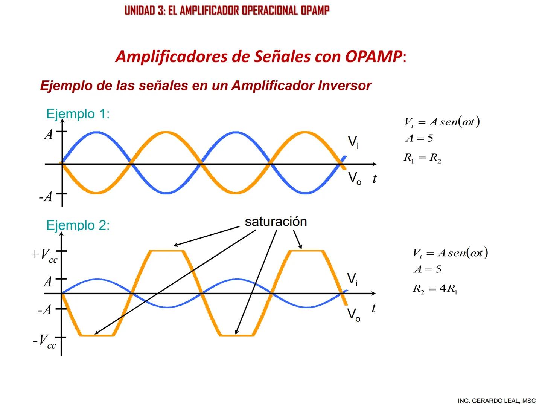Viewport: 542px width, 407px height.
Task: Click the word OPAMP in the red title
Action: pos(373,57)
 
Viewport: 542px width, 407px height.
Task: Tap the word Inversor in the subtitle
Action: pos(344,86)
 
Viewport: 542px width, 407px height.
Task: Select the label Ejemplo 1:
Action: pos(78,113)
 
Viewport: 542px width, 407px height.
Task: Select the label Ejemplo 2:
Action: pos(78,225)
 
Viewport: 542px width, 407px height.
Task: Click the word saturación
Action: pos(276,221)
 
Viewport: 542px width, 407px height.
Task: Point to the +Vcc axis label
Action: pos(44,255)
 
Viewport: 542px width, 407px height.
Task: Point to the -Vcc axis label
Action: pos(44,341)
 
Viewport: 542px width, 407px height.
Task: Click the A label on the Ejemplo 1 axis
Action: pos(49,134)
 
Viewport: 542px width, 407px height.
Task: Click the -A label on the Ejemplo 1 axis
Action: pos(46,196)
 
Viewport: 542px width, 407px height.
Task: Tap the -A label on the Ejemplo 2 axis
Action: pos(45,310)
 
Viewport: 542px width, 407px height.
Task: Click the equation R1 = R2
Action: pos(422,158)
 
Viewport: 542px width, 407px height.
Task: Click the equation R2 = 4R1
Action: pos(435,289)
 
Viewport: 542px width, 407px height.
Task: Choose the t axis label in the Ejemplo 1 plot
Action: pos(374,179)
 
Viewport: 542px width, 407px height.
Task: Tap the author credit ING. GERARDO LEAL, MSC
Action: pos(496,401)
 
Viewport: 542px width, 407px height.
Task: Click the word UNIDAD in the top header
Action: pos(140,10)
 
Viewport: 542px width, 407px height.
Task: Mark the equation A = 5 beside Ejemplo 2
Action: pos(427,269)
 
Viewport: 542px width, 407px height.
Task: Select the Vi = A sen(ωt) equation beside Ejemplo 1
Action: pos(442,122)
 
